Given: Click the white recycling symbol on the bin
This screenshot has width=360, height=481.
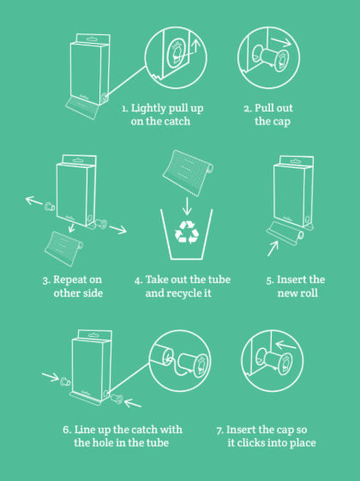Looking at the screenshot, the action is pos(187,232).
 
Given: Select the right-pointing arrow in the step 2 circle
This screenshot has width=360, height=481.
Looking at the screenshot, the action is pos(280,42).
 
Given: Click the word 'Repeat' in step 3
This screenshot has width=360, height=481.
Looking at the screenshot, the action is pos(69,280).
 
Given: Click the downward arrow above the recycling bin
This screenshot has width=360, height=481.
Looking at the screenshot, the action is pos(187,206).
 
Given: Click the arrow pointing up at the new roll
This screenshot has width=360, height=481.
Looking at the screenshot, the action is pos(273,249).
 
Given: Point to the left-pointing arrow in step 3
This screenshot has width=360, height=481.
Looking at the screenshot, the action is pos(34,201).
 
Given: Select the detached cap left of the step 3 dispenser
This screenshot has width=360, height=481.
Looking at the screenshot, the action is pos(50,207).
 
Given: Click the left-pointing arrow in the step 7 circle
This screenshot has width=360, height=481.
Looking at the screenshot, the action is pos(285,346).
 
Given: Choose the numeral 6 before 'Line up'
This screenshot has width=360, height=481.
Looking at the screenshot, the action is pos(67,430).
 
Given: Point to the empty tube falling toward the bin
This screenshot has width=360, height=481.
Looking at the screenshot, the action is pos(188,172).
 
